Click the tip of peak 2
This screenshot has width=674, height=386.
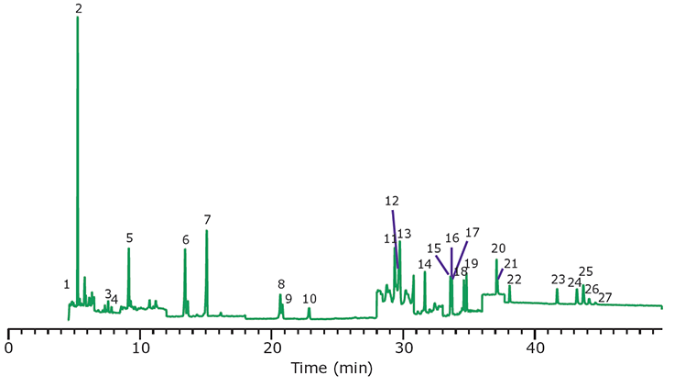click(77, 17)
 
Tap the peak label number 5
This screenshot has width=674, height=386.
click(129, 237)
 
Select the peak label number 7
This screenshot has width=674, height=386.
click(208, 220)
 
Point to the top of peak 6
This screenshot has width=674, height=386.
click(185, 249)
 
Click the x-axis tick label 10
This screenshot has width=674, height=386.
click(141, 348)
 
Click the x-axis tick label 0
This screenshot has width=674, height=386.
click(9, 348)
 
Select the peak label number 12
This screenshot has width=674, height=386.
click(392, 201)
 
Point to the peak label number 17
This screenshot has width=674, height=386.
click(473, 233)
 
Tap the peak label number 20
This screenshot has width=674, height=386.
click(498, 248)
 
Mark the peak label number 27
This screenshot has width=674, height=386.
click(604, 298)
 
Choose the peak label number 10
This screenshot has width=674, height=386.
click(310, 299)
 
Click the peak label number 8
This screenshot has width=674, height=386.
click(281, 284)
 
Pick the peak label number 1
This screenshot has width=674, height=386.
click(67, 284)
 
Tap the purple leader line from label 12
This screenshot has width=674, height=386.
click(396, 238)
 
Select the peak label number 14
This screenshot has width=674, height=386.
click(424, 264)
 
